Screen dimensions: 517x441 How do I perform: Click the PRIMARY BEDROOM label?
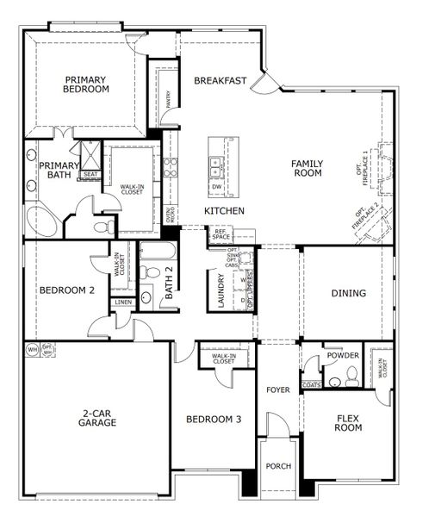(x=86, y=84)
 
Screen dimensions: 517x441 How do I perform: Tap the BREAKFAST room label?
(x=220, y=81)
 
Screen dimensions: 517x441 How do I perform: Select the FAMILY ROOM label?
(x=306, y=167)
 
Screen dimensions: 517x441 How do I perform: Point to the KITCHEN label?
(x=224, y=211)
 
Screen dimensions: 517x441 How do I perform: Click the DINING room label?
(x=349, y=293)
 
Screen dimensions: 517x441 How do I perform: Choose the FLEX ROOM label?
(x=348, y=422)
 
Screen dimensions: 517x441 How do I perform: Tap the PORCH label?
(x=278, y=466)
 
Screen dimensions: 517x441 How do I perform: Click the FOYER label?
(x=277, y=389)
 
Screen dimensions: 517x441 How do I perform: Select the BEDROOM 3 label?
(x=214, y=420)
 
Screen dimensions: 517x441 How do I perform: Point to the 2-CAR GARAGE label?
(x=97, y=418)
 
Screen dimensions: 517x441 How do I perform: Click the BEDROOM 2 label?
(x=66, y=290)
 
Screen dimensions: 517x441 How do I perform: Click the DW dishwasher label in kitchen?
(x=216, y=186)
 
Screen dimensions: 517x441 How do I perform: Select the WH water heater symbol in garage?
(x=32, y=350)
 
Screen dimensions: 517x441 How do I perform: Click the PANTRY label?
(x=166, y=101)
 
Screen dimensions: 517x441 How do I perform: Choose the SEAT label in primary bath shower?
(x=90, y=174)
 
